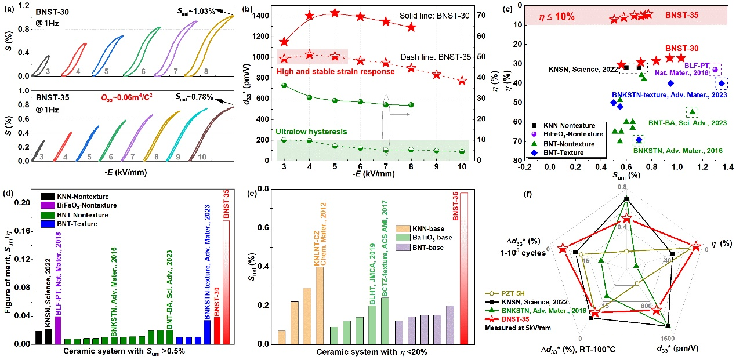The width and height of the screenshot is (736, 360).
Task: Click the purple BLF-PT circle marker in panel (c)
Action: tap(715, 70)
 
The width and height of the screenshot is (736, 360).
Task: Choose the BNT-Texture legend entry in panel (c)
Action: tap(560, 153)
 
